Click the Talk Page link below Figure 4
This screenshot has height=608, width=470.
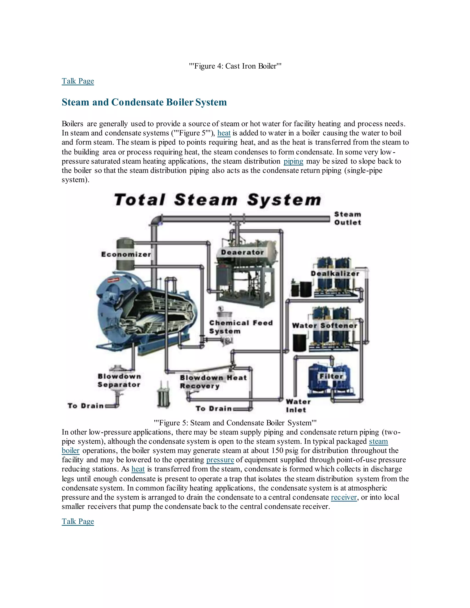(78, 81)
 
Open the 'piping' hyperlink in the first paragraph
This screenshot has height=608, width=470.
(293, 161)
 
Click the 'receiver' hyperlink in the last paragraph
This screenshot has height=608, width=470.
(344, 497)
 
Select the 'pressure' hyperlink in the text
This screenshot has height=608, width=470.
(220, 460)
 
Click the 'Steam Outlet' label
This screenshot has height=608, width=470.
(347, 218)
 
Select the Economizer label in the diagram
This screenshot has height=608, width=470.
(126, 254)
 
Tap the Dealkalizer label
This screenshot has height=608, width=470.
(335, 273)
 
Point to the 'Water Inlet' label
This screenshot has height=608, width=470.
(298, 406)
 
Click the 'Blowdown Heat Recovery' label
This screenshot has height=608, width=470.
(213, 382)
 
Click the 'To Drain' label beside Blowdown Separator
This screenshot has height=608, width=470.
(85, 406)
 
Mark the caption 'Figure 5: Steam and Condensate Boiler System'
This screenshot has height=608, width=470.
(235, 423)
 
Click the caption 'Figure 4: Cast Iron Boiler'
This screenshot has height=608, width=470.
(235, 66)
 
